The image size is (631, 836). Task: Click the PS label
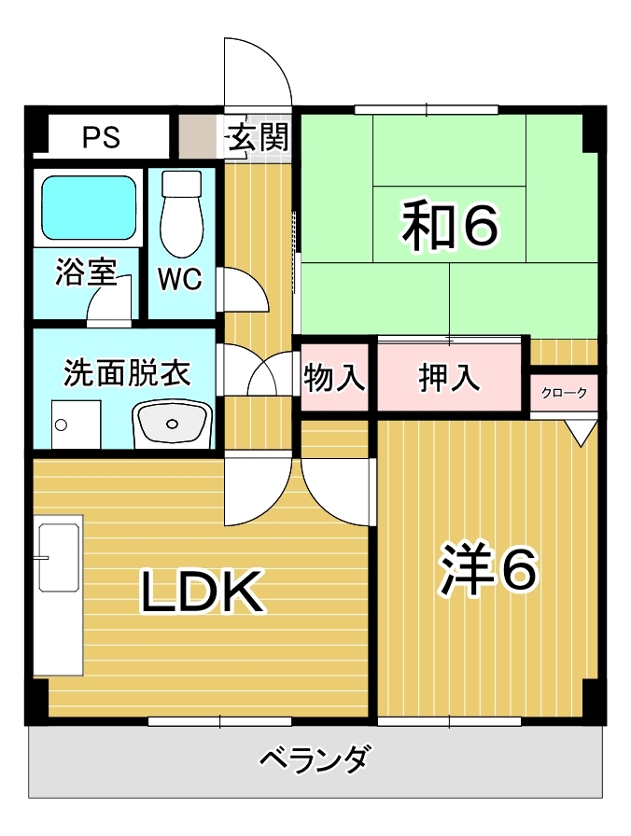pyautogui.click(x=101, y=137)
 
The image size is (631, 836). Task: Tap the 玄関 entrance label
pyautogui.click(x=259, y=136)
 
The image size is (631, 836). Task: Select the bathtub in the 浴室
pyautogui.click(x=88, y=207)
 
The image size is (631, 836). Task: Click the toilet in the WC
pyautogui.click(x=182, y=215)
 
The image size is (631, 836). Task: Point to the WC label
pyautogui.click(x=180, y=279)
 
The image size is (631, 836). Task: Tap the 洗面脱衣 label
pyautogui.click(x=127, y=372)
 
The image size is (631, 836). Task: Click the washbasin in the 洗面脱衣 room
pyautogui.click(x=173, y=424)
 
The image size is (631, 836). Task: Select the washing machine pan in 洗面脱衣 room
pyautogui.click(x=76, y=424)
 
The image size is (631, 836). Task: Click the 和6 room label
pyautogui.click(x=451, y=226)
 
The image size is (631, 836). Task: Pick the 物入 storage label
pyautogui.click(x=334, y=378)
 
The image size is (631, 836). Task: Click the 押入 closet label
pyautogui.click(x=449, y=378)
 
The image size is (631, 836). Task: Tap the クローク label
pyautogui.click(x=564, y=393)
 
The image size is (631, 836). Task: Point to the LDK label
pyautogui.click(x=203, y=591)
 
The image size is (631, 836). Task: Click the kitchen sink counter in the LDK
pyautogui.click(x=58, y=595)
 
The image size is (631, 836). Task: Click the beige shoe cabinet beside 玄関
pyautogui.click(x=200, y=136)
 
